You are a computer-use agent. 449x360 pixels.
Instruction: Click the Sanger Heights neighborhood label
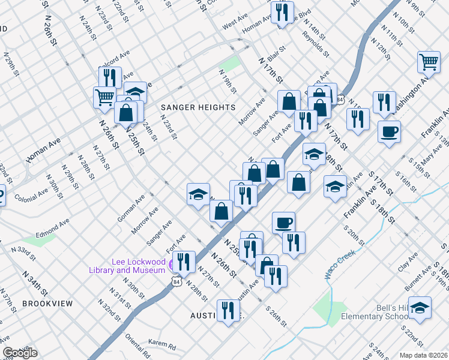coord(198,107)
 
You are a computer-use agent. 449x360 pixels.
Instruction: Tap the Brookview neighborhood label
coord(47,304)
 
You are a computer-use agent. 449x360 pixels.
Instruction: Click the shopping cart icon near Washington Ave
coord(429,61)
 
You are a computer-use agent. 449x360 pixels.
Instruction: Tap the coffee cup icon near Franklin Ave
coord(389,131)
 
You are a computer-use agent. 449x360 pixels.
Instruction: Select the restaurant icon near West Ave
coord(281,12)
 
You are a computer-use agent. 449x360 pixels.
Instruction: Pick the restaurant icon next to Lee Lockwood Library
coord(184,261)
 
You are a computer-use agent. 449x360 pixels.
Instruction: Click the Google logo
coord(19,353)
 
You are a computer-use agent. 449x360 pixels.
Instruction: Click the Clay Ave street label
coord(411,261)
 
